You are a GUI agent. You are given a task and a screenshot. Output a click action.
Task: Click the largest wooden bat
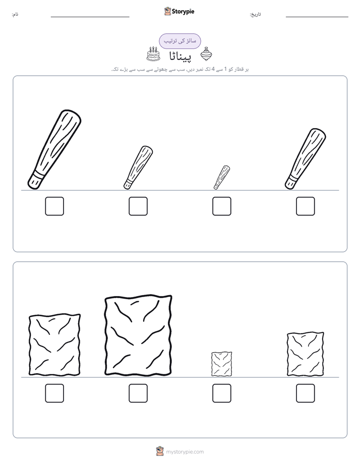tap(54, 149)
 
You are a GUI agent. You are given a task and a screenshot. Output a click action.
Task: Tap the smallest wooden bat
tap(221, 178)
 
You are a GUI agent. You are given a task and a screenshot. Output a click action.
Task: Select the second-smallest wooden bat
tap(138, 167)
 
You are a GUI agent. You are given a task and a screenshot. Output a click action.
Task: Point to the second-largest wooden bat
tap(306, 159)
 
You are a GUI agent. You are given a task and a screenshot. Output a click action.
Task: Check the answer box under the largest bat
tap(54, 206)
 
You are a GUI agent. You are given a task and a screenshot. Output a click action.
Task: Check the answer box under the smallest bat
tap(221, 206)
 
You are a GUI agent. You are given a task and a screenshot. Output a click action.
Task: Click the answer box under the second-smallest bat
tap(138, 206)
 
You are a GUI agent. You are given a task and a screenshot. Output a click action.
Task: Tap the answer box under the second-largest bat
tap(306, 206)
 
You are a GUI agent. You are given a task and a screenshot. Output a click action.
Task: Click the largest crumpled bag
tap(138, 335)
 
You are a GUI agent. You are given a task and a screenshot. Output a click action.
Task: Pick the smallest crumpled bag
tap(221, 364)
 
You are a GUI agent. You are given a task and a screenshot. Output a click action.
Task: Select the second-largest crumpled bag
tap(54, 344)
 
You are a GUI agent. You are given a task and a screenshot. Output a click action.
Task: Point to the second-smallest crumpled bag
tap(306, 354)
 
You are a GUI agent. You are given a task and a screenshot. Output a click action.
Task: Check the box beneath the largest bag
tap(138, 393)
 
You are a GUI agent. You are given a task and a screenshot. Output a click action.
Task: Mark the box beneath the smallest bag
tap(221, 393)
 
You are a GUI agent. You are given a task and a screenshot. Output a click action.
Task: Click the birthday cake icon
tap(153, 54)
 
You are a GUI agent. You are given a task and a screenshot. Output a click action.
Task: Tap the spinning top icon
tap(206, 54)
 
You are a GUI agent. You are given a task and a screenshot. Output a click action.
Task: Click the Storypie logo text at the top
tap(183, 12)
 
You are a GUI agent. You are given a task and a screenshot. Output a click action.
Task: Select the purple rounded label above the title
tap(180, 41)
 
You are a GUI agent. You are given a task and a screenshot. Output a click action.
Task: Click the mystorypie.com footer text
tap(185, 452)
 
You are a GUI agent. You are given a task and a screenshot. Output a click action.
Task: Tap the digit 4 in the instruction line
tap(213, 69)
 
